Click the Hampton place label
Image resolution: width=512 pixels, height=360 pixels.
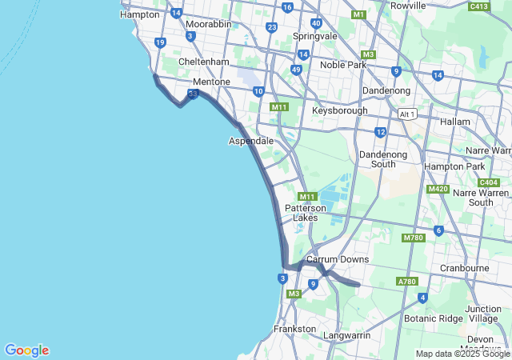point(139,14)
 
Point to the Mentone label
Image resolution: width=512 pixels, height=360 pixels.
point(211,82)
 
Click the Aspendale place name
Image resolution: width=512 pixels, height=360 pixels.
point(251,141)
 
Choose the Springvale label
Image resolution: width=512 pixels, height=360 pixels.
point(315,37)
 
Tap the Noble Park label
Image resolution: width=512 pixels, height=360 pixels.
point(342,65)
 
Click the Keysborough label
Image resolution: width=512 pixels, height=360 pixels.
point(340,110)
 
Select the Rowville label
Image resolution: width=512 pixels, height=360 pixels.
point(408,6)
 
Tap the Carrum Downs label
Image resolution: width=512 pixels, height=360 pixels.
point(338,259)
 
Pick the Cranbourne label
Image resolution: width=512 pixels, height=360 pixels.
point(465,268)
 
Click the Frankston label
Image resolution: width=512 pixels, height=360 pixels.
point(295,329)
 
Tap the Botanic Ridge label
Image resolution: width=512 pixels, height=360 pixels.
point(434,318)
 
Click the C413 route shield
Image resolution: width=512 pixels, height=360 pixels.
point(479,6)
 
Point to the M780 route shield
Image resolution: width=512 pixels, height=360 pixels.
point(413,238)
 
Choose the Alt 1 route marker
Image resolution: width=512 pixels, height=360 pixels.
point(407,114)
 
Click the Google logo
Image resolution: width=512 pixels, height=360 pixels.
point(26,350)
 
